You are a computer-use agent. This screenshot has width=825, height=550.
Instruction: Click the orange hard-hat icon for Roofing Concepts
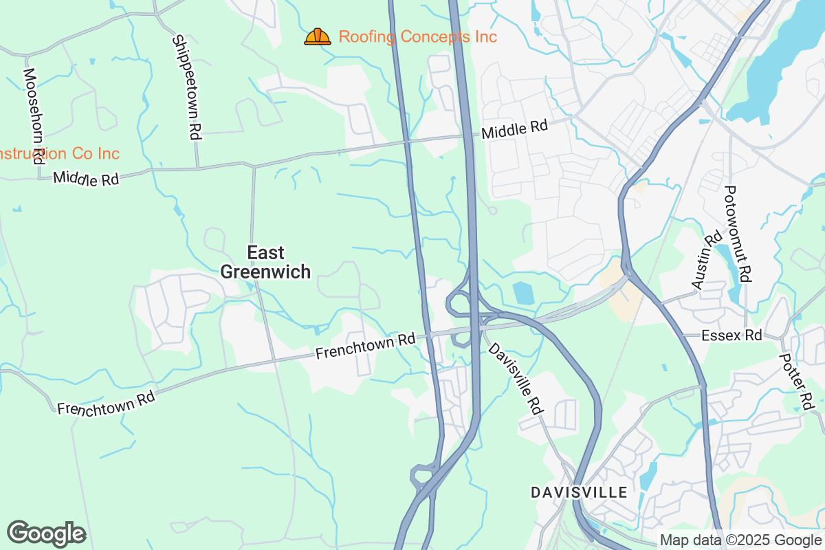click(318, 36)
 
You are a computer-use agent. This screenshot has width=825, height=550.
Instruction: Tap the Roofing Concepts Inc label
click(418, 36)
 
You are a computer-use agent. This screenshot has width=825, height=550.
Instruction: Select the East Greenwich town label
click(265, 262)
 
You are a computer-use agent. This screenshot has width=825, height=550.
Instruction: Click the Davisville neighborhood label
click(579, 492)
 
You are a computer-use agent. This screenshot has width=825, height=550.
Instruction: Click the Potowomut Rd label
click(736, 233)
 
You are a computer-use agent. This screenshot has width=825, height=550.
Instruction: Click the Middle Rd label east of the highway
click(514, 129)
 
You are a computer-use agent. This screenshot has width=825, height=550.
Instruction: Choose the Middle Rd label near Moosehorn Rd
click(86, 177)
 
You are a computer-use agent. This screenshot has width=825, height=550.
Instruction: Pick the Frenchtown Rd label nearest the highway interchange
click(366, 346)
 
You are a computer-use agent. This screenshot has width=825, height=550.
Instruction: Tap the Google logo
click(46, 533)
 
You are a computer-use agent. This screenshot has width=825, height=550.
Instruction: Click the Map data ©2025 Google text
click(740, 540)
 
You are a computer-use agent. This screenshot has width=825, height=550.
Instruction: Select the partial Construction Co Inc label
click(58, 153)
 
